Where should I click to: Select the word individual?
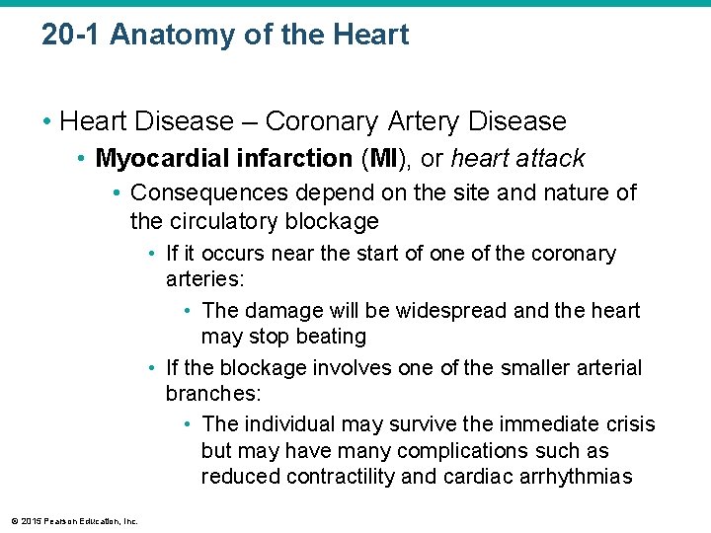click(x=288, y=424)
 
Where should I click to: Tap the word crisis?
click(x=629, y=424)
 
